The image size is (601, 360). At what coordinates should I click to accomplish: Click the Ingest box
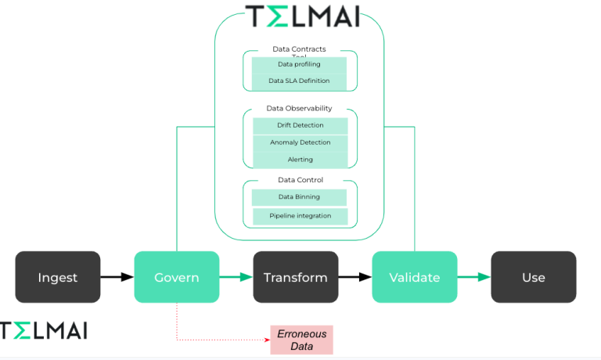(58, 277)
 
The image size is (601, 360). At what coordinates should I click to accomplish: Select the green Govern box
(176, 277)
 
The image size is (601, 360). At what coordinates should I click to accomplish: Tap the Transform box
(295, 277)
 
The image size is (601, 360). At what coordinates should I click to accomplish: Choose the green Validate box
(414, 277)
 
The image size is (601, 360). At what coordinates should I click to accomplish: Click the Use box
(533, 277)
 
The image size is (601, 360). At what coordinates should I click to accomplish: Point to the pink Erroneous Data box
(301, 340)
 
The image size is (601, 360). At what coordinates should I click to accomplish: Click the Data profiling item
(300, 64)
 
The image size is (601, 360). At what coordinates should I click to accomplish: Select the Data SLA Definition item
(300, 81)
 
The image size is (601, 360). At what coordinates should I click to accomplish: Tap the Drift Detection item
(300, 125)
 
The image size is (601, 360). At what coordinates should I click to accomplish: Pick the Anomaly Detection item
(300, 142)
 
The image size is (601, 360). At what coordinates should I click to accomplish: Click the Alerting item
(300, 160)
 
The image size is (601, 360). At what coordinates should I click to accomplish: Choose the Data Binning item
(300, 197)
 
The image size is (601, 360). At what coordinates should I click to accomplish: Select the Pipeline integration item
(300, 215)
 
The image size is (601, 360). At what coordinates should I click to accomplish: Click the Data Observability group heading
(300, 108)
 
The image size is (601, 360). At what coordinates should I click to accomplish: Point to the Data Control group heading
(300, 180)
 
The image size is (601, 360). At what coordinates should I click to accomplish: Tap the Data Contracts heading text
(299, 49)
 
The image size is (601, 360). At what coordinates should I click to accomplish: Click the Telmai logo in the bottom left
(43, 330)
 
